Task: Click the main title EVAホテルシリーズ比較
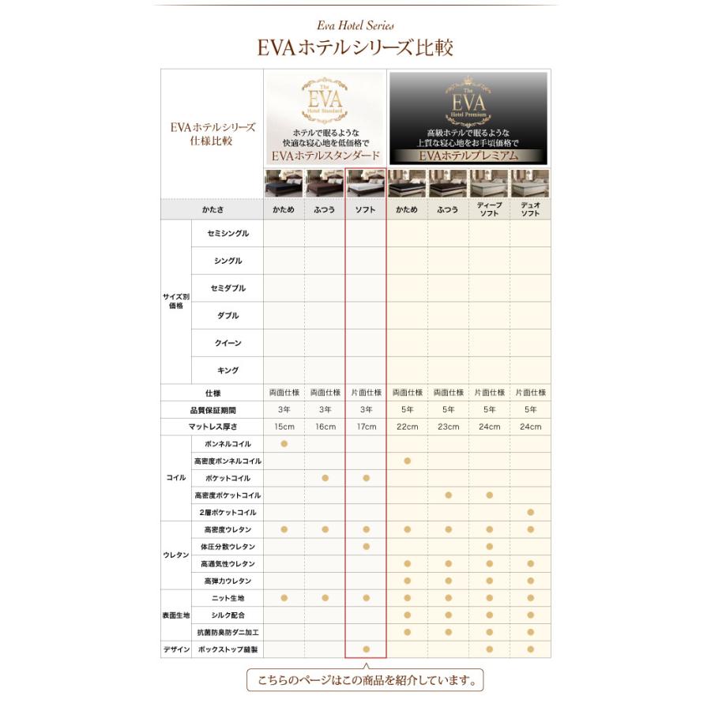[355, 47]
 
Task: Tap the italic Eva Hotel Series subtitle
[355, 25]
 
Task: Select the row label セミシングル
[228, 234]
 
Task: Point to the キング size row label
[228, 371]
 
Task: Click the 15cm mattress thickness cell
[284, 427]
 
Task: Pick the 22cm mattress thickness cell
[407, 427]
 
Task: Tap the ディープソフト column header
[489, 209]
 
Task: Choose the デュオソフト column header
[530, 209]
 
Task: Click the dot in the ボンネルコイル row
[284, 444]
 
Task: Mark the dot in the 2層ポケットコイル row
[530, 513]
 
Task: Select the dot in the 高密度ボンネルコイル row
[407, 461]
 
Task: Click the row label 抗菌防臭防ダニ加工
[228, 633]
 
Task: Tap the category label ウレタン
[175, 555]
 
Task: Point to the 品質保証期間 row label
[212, 410]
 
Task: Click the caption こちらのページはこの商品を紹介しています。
[364, 679]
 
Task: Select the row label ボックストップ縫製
[228, 649]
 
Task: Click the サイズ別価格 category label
[175, 301]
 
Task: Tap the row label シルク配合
[228, 615]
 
